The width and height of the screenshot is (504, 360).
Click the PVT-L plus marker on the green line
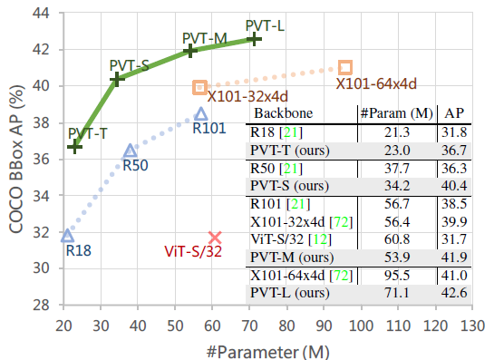pos(254,39)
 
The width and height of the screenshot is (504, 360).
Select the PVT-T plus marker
pos(74,147)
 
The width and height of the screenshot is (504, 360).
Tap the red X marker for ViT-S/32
pos(215,238)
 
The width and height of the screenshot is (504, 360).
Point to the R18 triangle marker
pos(67,236)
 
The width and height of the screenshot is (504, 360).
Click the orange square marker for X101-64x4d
pos(345,67)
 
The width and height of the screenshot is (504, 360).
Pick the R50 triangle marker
pos(131,151)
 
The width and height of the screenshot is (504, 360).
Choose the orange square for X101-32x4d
pos(199,87)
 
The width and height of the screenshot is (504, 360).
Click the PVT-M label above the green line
pos(205,39)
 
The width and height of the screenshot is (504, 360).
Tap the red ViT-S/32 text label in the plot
pos(193,251)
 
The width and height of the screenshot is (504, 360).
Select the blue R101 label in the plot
pos(209,128)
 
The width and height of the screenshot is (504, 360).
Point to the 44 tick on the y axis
pos(41,14)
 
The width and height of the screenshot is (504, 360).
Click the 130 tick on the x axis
pos(472,326)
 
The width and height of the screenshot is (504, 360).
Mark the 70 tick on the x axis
pos(249,326)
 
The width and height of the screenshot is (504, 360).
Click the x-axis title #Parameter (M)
pos(268,352)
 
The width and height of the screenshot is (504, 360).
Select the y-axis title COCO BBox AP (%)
pos(16,159)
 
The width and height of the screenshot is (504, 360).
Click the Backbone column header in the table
pos(283,113)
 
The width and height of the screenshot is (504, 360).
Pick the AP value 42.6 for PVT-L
pos(454,293)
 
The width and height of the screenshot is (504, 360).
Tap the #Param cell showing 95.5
pos(397,276)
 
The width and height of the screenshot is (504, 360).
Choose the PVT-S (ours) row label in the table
pos(289,186)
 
